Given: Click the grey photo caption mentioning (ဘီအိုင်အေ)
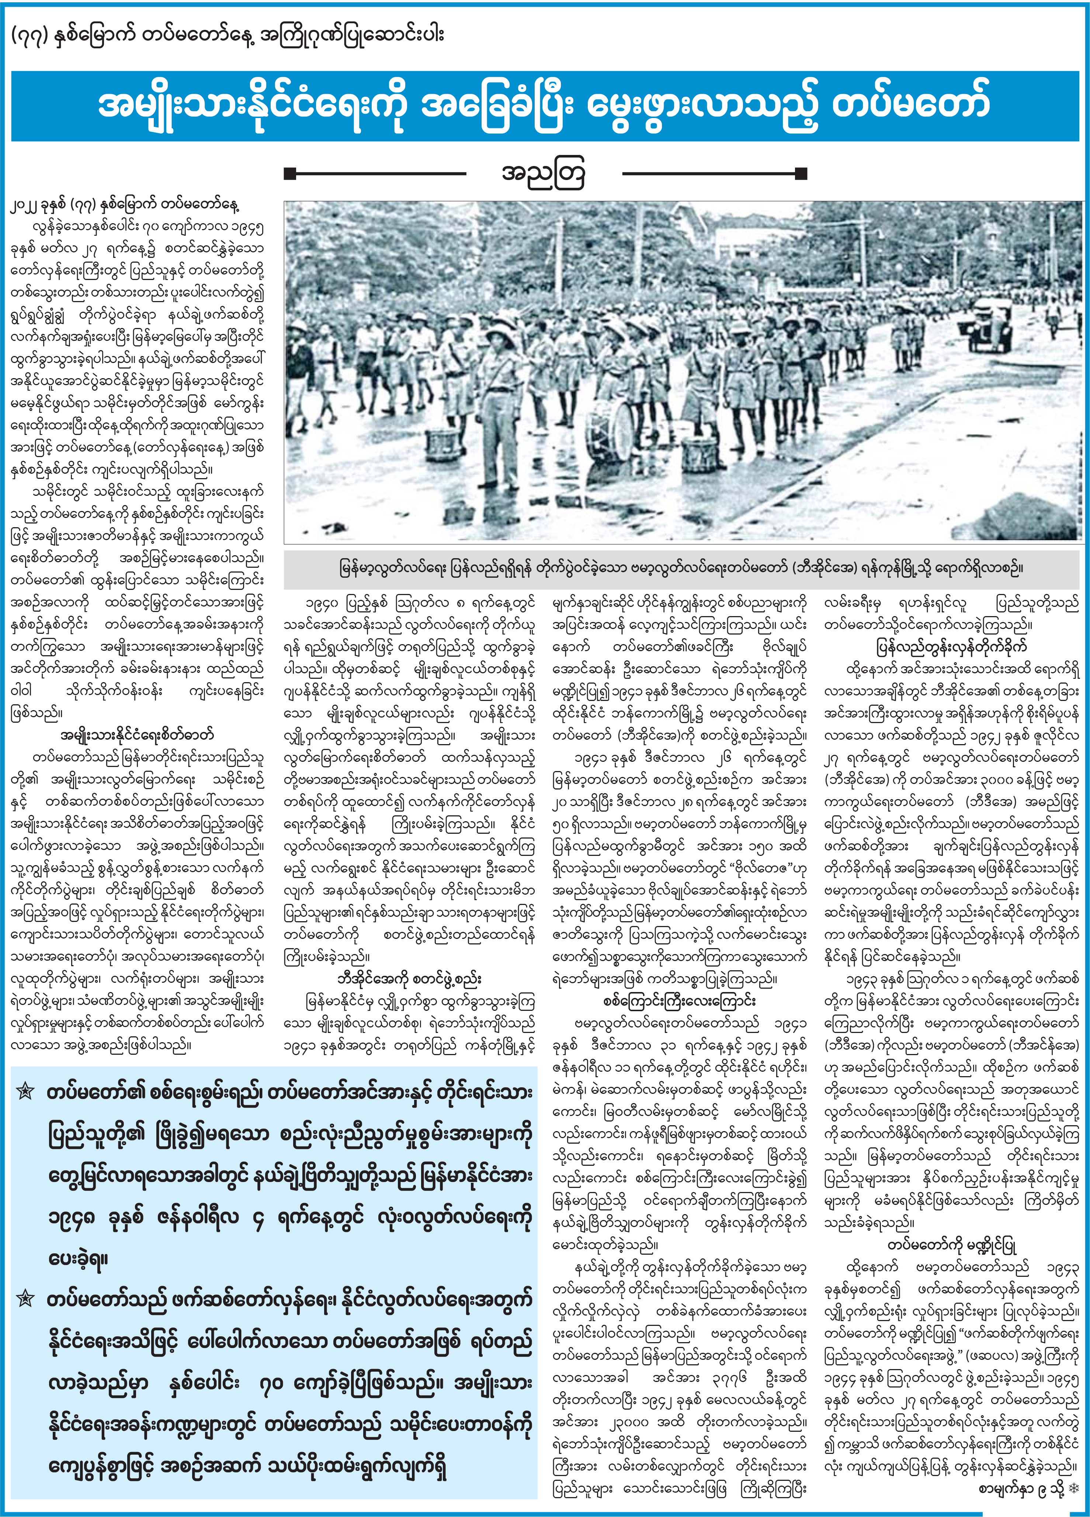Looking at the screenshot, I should pos(681,569).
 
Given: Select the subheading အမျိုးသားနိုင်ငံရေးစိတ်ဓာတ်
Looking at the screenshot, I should pos(137,735).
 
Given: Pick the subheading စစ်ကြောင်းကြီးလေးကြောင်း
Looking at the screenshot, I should pos(680,1001).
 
